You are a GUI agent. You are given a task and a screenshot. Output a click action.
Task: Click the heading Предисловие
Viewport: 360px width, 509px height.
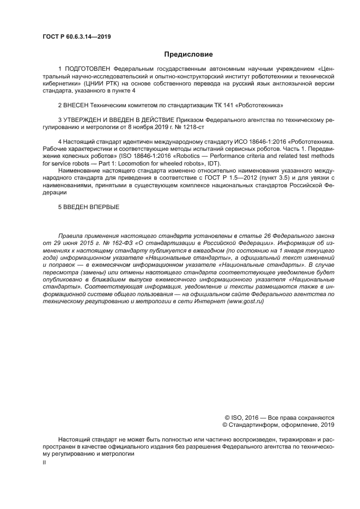tap(180, 54)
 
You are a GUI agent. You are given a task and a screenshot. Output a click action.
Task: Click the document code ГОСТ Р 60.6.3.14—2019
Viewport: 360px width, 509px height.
tap(74, 37)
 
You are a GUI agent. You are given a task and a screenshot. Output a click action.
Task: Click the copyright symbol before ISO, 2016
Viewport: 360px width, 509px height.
tap(220, 417)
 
